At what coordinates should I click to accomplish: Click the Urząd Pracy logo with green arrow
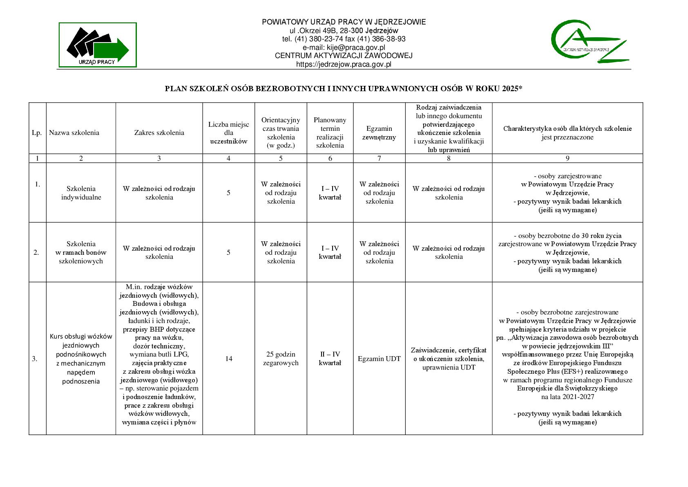(98, 45)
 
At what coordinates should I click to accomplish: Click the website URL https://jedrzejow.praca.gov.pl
(344, 64)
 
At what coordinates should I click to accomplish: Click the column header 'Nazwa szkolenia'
(74, 132)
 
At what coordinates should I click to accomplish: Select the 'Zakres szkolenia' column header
(159, 132)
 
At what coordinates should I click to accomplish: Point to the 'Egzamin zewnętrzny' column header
(379, 133)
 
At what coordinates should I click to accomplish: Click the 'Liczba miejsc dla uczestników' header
(228, 133)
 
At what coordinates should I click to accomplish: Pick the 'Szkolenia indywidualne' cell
(81, 193)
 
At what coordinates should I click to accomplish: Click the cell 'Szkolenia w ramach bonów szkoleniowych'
(81, 252)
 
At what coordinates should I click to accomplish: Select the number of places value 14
(228, 359)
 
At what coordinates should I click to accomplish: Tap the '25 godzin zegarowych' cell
(281, 359)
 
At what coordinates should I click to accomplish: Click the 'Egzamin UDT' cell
(379, 359)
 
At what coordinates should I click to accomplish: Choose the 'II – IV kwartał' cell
(330, 359)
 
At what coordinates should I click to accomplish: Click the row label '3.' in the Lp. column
(35, 359)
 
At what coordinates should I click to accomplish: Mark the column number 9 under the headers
(567, 158)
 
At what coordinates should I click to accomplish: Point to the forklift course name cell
(81, 359)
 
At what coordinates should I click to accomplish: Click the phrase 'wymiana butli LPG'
(159, 354)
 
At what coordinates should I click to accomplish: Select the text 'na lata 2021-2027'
(567, 397)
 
